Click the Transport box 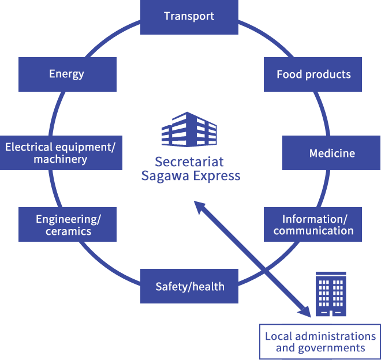(x=189, y=16)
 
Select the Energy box (x=67, y=74)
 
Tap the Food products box (x=313, y=74)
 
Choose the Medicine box (x=331, y=153)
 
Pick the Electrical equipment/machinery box (x=60, y=153)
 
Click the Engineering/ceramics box (x=68, y=225)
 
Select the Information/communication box (x=313, y=225)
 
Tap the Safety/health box (x=189, y=286)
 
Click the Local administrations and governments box (x=320, y=342)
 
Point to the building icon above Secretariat (x=189, y=129)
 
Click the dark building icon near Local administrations (x=331, y=294)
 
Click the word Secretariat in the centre (x=189, y=162)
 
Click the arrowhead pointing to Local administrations (x=305, y=312)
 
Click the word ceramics (x=69, y=231)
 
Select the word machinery (x=61, y=159)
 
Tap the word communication (x=313, y=231)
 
